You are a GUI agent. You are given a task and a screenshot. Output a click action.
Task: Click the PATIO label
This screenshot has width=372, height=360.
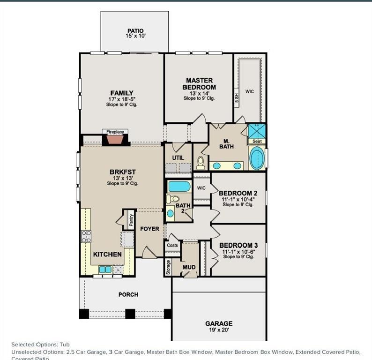tap(135, 31)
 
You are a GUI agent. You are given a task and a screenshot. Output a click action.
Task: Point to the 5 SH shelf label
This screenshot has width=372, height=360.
tap(237, 97)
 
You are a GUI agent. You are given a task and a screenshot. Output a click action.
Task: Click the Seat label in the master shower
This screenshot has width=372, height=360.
tap(257, 141)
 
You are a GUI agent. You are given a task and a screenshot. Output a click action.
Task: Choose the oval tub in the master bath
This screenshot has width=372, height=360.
tap(257, 159)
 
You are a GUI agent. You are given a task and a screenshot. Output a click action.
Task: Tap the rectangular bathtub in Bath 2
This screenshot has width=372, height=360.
tap(179, 186)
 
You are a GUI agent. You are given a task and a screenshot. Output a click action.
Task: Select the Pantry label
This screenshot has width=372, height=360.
tap(131, 218)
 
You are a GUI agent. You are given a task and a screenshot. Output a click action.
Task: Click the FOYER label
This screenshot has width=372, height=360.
tap(150, 229)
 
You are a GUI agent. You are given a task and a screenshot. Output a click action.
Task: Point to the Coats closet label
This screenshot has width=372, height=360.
tap(172, 245)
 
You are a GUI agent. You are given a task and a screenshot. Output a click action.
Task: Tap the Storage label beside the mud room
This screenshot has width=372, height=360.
tap(168, 267)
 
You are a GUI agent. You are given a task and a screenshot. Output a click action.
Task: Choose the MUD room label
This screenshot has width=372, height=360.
tap(189, 268)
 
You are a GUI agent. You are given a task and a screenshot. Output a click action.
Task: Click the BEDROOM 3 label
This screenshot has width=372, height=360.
tap(238, 245)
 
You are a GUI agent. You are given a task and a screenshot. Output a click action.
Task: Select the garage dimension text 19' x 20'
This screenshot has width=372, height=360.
tap(219, 330)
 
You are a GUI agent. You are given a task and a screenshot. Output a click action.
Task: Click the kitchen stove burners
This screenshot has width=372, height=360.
tap(86, 237)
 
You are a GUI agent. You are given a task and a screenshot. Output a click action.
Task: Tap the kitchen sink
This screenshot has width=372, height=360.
tap(105, 269)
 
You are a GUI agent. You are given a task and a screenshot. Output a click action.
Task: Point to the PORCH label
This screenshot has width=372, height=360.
tap(128, 294)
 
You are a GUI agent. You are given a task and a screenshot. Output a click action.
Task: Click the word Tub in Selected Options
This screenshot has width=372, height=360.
tap(65, 345)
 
